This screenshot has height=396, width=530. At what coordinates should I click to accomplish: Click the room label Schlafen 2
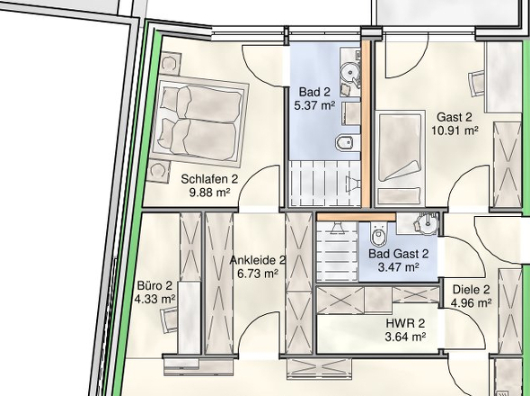pos(209,179)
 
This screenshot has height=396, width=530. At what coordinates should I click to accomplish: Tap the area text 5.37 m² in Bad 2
pos(314,105)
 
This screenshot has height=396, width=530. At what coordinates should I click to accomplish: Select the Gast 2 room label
pos(454,117)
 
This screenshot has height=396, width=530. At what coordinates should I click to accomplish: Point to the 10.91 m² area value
pos(455,130)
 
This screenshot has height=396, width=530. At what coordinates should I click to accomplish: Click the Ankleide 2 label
pos(258,260)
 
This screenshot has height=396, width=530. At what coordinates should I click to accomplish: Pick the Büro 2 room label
pos(155,285)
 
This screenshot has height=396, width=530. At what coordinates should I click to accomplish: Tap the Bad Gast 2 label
pos(399,254)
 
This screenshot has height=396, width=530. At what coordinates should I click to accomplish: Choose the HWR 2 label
pos(405,323)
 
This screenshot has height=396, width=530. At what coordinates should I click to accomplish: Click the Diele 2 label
pos(471,290)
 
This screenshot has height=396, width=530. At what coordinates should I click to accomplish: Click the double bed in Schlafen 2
pos(199,121)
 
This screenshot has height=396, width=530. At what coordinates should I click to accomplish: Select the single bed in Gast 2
pos(400,157)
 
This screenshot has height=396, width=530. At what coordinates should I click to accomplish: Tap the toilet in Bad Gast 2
pos(377,234)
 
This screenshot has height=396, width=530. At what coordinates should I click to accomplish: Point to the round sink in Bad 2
pos(349,71)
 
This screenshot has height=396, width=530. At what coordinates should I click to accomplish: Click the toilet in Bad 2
pos(345,143)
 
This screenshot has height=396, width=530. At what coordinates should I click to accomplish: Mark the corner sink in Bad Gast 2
pos(427,223)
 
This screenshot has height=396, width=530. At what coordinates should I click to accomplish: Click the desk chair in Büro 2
pos(169,319)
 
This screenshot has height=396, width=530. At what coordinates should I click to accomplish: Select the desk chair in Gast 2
pos(477,84)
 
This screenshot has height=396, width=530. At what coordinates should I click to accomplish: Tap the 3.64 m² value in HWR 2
pos(405,337)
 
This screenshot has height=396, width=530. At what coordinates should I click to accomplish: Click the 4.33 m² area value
pos(155,299)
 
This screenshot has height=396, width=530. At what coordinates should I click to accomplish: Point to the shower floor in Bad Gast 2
pos(337,251)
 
